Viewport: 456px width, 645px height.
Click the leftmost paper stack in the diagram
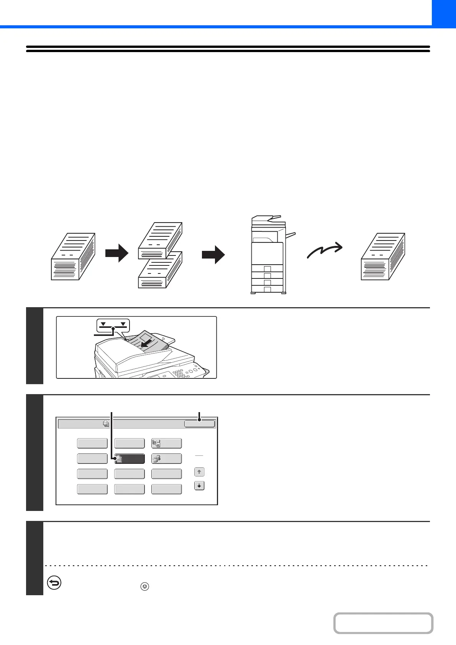(x=73, y=256)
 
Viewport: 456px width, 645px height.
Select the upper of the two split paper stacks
(x=160, y=240)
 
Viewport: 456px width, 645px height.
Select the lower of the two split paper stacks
(x=160, y=270)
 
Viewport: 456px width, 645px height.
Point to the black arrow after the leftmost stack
(x=117, y=253)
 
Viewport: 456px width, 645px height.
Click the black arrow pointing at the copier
(x=213, y=255)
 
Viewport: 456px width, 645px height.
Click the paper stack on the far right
(x=383, y=256)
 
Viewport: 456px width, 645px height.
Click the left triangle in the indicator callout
(x=103, y=324)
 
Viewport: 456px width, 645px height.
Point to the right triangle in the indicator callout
(x=123, y=324)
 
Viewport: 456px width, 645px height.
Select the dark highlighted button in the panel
(x=130, y=458)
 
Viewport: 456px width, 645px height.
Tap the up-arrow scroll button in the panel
(x=199, y=472)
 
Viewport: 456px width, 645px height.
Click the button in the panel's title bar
(x=199, y=424)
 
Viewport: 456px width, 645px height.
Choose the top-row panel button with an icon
(x=166, y=444)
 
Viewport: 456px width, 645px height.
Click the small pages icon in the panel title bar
(x=106, y=424)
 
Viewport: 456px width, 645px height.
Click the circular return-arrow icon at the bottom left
(x=54, y=583)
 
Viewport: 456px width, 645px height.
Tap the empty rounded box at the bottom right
(x=383, y=623)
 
